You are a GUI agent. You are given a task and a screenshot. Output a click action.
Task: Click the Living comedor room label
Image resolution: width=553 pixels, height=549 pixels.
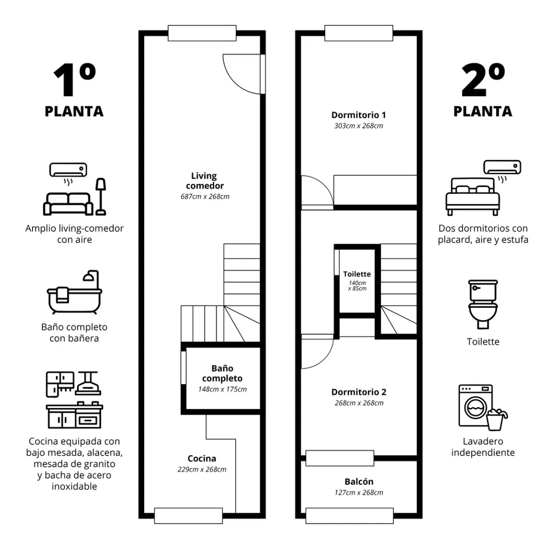[x=204, y=180]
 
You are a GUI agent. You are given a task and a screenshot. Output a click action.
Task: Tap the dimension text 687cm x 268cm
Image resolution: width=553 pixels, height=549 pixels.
[x=205, y=196]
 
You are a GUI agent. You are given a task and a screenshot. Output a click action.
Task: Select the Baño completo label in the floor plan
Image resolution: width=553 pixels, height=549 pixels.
[x=222, y=373]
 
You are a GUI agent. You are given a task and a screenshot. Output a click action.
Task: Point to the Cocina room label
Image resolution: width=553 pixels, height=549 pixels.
[x=202, y=458]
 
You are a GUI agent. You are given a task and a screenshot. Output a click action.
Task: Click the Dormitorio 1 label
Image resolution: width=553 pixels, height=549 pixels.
[x=358, y=115]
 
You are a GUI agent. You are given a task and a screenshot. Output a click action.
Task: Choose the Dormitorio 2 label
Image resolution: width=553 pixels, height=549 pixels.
[x=358, y=392]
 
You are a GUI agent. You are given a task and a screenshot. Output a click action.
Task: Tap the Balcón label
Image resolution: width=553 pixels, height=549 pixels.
[x=358, y=482]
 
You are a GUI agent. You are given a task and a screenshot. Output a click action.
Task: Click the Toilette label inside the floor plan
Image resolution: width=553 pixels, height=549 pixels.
[x=357, y=274]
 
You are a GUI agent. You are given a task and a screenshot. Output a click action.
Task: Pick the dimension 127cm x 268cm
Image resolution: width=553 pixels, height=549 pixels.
[x=358, y=493]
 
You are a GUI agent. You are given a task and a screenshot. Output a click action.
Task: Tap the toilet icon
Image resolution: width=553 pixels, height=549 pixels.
[x=483, y=304]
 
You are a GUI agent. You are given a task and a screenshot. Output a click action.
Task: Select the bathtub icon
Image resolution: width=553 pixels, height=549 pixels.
[x=74, y=292]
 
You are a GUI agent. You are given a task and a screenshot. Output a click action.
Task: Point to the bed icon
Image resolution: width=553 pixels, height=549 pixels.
[x=473, y=196]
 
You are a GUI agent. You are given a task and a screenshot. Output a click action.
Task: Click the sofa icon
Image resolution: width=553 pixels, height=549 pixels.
[x=68, y=204]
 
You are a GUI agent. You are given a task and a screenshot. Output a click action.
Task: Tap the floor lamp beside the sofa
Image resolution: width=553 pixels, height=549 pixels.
[x=101, y=196]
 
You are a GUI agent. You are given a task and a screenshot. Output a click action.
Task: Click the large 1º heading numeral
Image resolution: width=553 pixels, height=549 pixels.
[x=74, y=80]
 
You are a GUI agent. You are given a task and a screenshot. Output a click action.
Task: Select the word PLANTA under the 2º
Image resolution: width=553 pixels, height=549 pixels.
[x=483, y=111]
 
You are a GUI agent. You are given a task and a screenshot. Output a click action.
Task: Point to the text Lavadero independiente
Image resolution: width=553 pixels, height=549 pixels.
[x=483, y=447]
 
